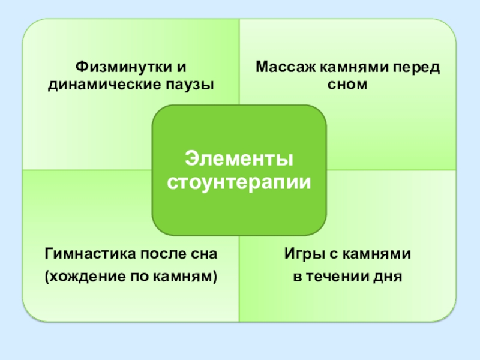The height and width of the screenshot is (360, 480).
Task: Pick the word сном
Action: (347, 85)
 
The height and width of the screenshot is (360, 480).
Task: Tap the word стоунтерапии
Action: (239, 181)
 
